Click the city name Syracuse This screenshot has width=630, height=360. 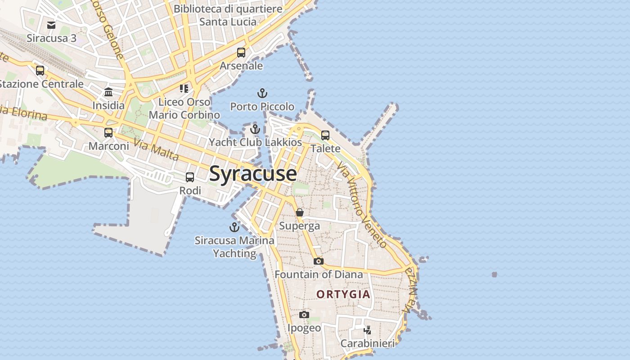tap(253, 174)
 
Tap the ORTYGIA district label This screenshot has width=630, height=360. tap(343, 294)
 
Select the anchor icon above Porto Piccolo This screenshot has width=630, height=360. tap(262, 94)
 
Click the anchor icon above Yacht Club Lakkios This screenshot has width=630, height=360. tap(255, 129)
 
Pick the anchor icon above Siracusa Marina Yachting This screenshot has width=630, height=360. tap(234, 227)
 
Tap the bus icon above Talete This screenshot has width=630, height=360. tap(325, 135)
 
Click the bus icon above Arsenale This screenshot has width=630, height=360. tap(241, 53)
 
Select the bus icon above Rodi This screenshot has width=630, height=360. tap(190, 177)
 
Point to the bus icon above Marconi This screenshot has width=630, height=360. tap(108, 133)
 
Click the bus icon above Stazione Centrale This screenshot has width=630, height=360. tap(40, 71)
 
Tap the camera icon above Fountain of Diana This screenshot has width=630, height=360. tap(318, 261)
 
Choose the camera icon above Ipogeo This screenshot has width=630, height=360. tap(304, 315)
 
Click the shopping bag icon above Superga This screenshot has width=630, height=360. tap(300, 212)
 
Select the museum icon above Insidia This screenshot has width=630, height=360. tap(108, 92)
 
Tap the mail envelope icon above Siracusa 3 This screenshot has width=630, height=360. tap(51, 25)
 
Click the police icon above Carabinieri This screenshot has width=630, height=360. tap(367, 330)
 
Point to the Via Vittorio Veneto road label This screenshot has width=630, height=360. tap(362, 205)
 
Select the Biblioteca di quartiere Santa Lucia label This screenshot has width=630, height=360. tap(228, 15)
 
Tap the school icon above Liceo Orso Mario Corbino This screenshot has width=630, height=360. tap(184, 88)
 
